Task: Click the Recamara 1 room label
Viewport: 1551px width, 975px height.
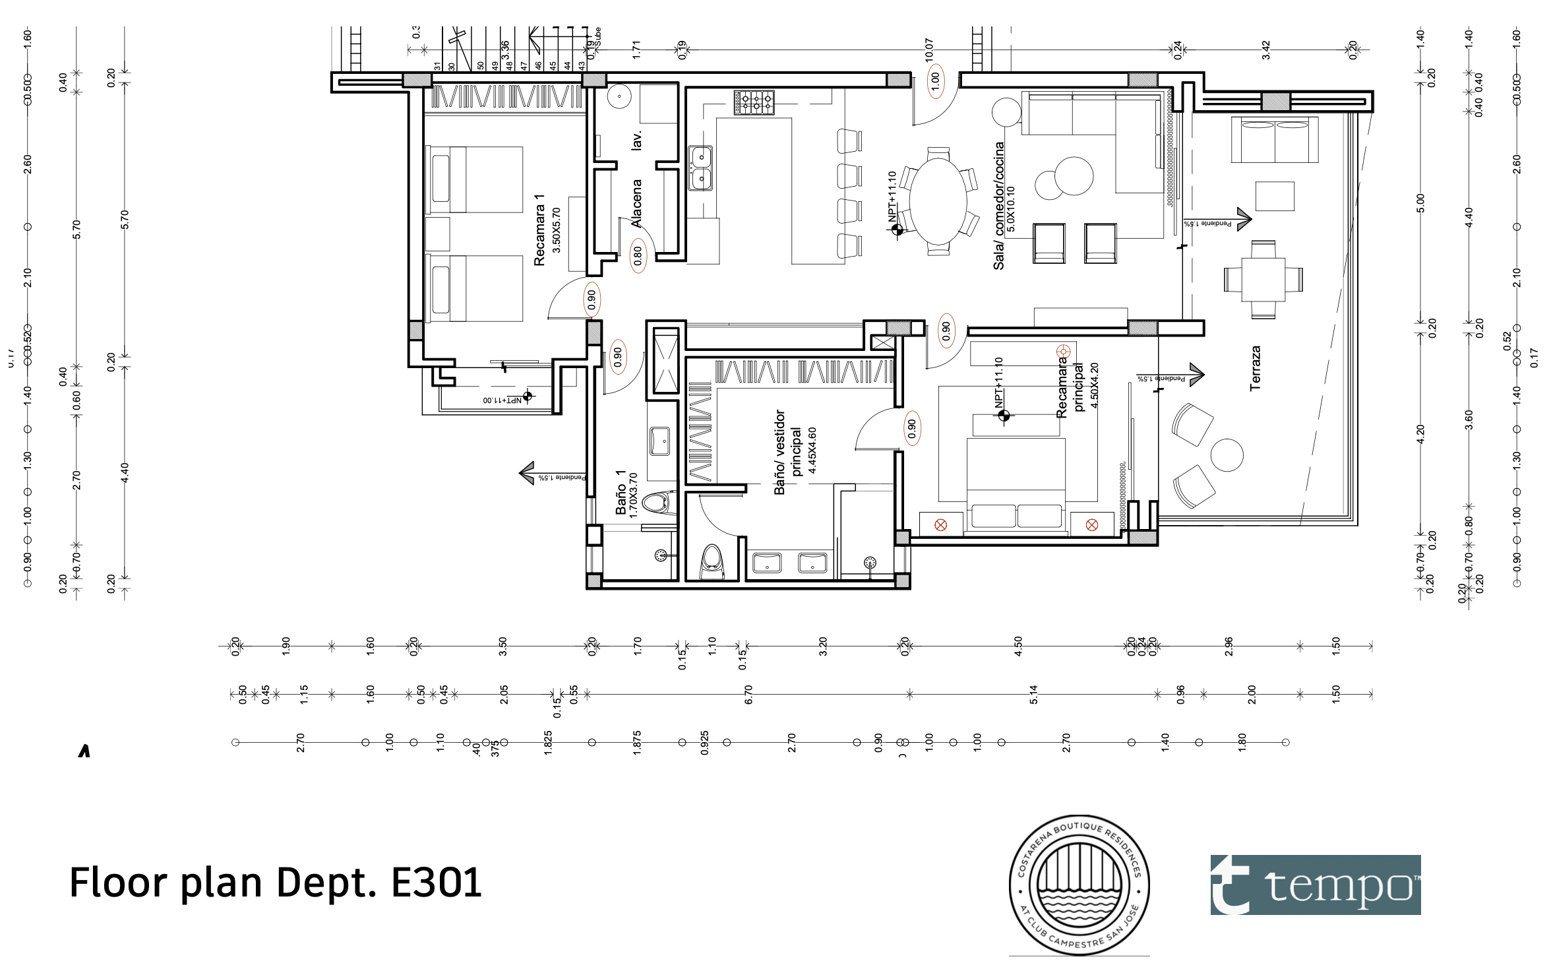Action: point(539,230)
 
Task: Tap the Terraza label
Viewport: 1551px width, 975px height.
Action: point(1255,368)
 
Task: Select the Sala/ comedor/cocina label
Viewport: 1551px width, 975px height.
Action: point(998,206)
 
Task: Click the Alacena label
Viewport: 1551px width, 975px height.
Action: point(636,203)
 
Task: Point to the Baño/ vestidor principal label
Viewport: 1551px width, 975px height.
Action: point(787,452)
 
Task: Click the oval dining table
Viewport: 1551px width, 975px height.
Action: point(938,201)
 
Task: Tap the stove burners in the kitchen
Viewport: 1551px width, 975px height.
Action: point(754,102)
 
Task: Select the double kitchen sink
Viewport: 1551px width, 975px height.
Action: point(700,168)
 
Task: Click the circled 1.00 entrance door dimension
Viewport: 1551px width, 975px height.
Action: point(935,81)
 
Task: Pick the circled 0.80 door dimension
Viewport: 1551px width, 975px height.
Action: point(638,255)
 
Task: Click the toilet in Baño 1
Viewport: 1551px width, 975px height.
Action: point(657,503)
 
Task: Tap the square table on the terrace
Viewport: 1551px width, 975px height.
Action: point(1263,279)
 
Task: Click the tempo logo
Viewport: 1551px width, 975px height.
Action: point(1315,885)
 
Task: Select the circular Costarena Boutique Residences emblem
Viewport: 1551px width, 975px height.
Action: point(1080,885)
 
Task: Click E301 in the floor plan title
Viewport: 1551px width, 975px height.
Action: point(437,883)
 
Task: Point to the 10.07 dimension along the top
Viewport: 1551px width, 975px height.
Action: point(929,50)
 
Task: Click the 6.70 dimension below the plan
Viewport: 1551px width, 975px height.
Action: point(748,694)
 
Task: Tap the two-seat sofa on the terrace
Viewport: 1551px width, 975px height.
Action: point(1274,140)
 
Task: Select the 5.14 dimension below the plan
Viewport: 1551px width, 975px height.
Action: point(1033,694)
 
